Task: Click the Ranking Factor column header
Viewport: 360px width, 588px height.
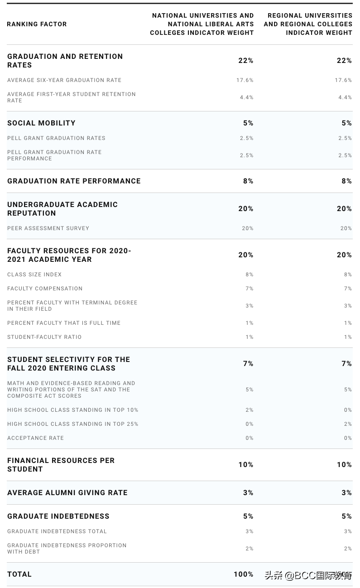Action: (x=37, y=24)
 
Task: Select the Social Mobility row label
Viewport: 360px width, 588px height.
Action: (x=41, y=123)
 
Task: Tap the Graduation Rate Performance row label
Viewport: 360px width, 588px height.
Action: (x=74, y=181)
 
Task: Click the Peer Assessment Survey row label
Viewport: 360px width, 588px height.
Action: (x=48, y=228)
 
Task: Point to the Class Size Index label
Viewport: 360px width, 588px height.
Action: (x=34, y=275)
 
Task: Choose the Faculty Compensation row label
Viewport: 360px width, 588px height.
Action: (x=45, y=289)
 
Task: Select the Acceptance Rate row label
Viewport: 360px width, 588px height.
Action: (x=35, y=438)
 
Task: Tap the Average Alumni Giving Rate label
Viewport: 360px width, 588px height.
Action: (x=67, y=493)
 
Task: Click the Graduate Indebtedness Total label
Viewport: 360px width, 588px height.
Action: (x=57, y=531)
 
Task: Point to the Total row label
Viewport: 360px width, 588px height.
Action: (x=19, y=574)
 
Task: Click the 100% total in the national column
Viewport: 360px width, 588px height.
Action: (x=244, y=574)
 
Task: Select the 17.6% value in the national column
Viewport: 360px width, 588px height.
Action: (x=245, y=80)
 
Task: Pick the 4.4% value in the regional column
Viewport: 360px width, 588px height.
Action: (x=345, y=97)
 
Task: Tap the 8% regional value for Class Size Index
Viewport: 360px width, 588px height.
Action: (x=348, y=275)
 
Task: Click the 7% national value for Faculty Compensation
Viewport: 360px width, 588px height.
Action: (x=250, y=289)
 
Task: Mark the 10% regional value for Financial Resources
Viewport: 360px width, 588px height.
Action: (x=344, y=465)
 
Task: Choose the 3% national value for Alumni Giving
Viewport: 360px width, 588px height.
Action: (x=248, y=493)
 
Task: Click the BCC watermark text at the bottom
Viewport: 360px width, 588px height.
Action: (x=308, y=576)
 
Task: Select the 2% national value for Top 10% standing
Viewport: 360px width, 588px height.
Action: (x=250, y=410)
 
